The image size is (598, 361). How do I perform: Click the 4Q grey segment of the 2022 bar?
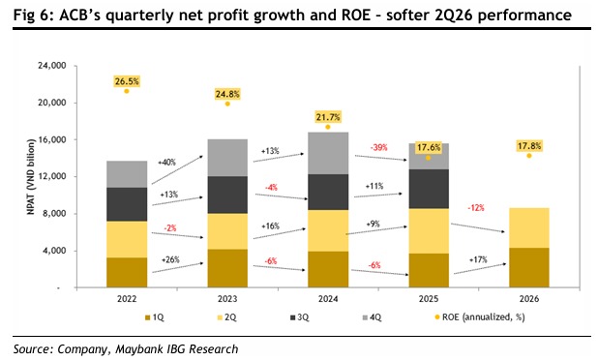127,174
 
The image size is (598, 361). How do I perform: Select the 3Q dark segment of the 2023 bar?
227,195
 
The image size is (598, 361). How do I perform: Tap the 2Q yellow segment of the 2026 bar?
529,227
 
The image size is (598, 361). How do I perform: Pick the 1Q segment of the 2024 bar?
328,269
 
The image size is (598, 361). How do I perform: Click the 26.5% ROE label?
127,81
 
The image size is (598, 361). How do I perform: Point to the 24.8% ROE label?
227,94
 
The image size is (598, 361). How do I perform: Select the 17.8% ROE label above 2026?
529,146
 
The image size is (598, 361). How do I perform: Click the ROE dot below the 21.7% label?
328,127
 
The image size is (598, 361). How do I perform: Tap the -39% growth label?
378,147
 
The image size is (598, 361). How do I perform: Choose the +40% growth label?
167,163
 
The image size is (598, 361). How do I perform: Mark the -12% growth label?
476,207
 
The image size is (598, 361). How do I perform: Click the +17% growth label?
478,259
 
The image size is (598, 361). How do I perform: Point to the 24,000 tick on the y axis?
52,66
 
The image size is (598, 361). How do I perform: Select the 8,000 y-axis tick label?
54,213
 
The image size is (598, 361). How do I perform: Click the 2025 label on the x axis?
429,298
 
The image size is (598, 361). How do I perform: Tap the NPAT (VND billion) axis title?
31,177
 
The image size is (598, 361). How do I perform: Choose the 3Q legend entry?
300,317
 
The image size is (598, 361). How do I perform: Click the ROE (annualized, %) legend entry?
480,317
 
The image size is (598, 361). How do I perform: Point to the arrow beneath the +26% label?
178,267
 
